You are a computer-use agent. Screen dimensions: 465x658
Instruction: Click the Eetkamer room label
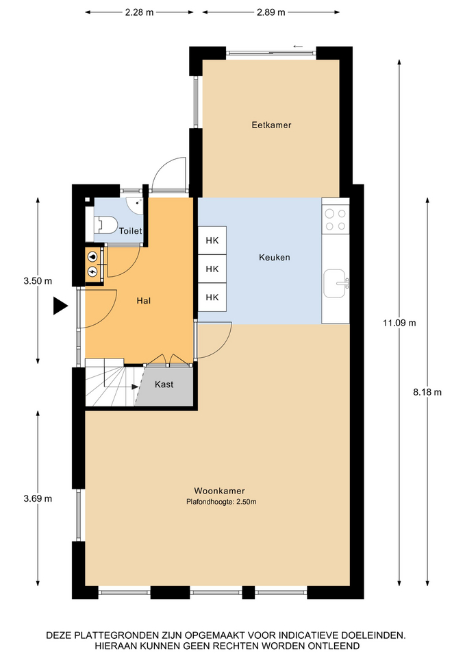[x=271, y=125]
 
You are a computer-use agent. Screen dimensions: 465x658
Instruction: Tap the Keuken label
[x=274, y=257]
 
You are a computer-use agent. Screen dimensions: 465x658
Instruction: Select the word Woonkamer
[x=219, y=491]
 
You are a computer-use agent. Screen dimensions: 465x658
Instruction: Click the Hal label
[x=143, y=300]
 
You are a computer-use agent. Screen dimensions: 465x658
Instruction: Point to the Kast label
[x=164, y=385]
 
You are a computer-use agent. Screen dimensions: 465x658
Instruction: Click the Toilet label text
[x=130, y=231]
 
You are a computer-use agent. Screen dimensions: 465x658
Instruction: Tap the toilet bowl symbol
[x=106, y=225]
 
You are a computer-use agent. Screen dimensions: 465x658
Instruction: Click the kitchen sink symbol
[x=336, y=283]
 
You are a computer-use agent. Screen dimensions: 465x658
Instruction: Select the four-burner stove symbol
[x=336, y=220]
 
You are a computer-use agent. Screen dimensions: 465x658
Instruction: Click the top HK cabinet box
[x=212, y=241]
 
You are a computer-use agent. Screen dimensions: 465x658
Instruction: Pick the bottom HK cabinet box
[x=212, y=297]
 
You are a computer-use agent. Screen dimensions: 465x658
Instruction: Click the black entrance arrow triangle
[x=60, y=306]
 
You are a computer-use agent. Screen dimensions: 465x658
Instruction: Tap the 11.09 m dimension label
[x=399, y=323]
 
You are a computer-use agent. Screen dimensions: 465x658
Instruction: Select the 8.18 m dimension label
[x=427, y=392]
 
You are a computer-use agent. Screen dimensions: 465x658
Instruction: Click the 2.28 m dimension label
[x=139, y=12]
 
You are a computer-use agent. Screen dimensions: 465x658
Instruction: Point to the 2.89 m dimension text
[x=271, y=12]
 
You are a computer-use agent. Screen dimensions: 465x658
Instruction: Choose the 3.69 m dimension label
[x=38, y=498]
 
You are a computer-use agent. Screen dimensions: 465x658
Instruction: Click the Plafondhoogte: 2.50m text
[x=221, y=502]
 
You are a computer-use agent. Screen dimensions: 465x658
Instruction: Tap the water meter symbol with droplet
[x=92, y=257]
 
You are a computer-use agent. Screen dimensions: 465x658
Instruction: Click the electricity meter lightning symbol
[x=92, y=272]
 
